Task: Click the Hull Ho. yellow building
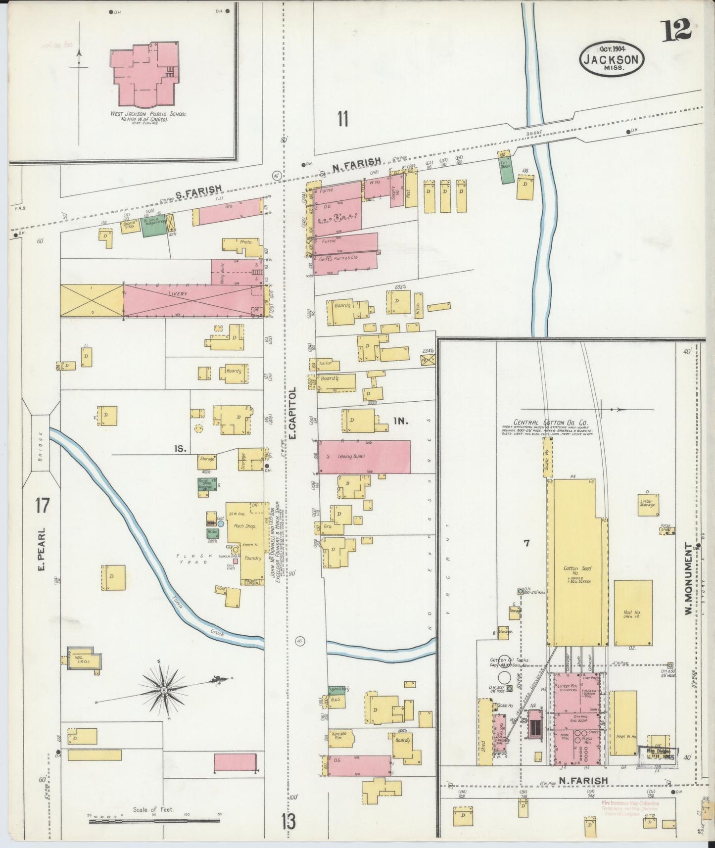coord(632,612)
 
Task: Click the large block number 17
coord(43,506)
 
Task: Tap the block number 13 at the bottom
coord(289,822)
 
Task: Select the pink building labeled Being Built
coord(364,457)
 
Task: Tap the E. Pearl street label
coord(43,549)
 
